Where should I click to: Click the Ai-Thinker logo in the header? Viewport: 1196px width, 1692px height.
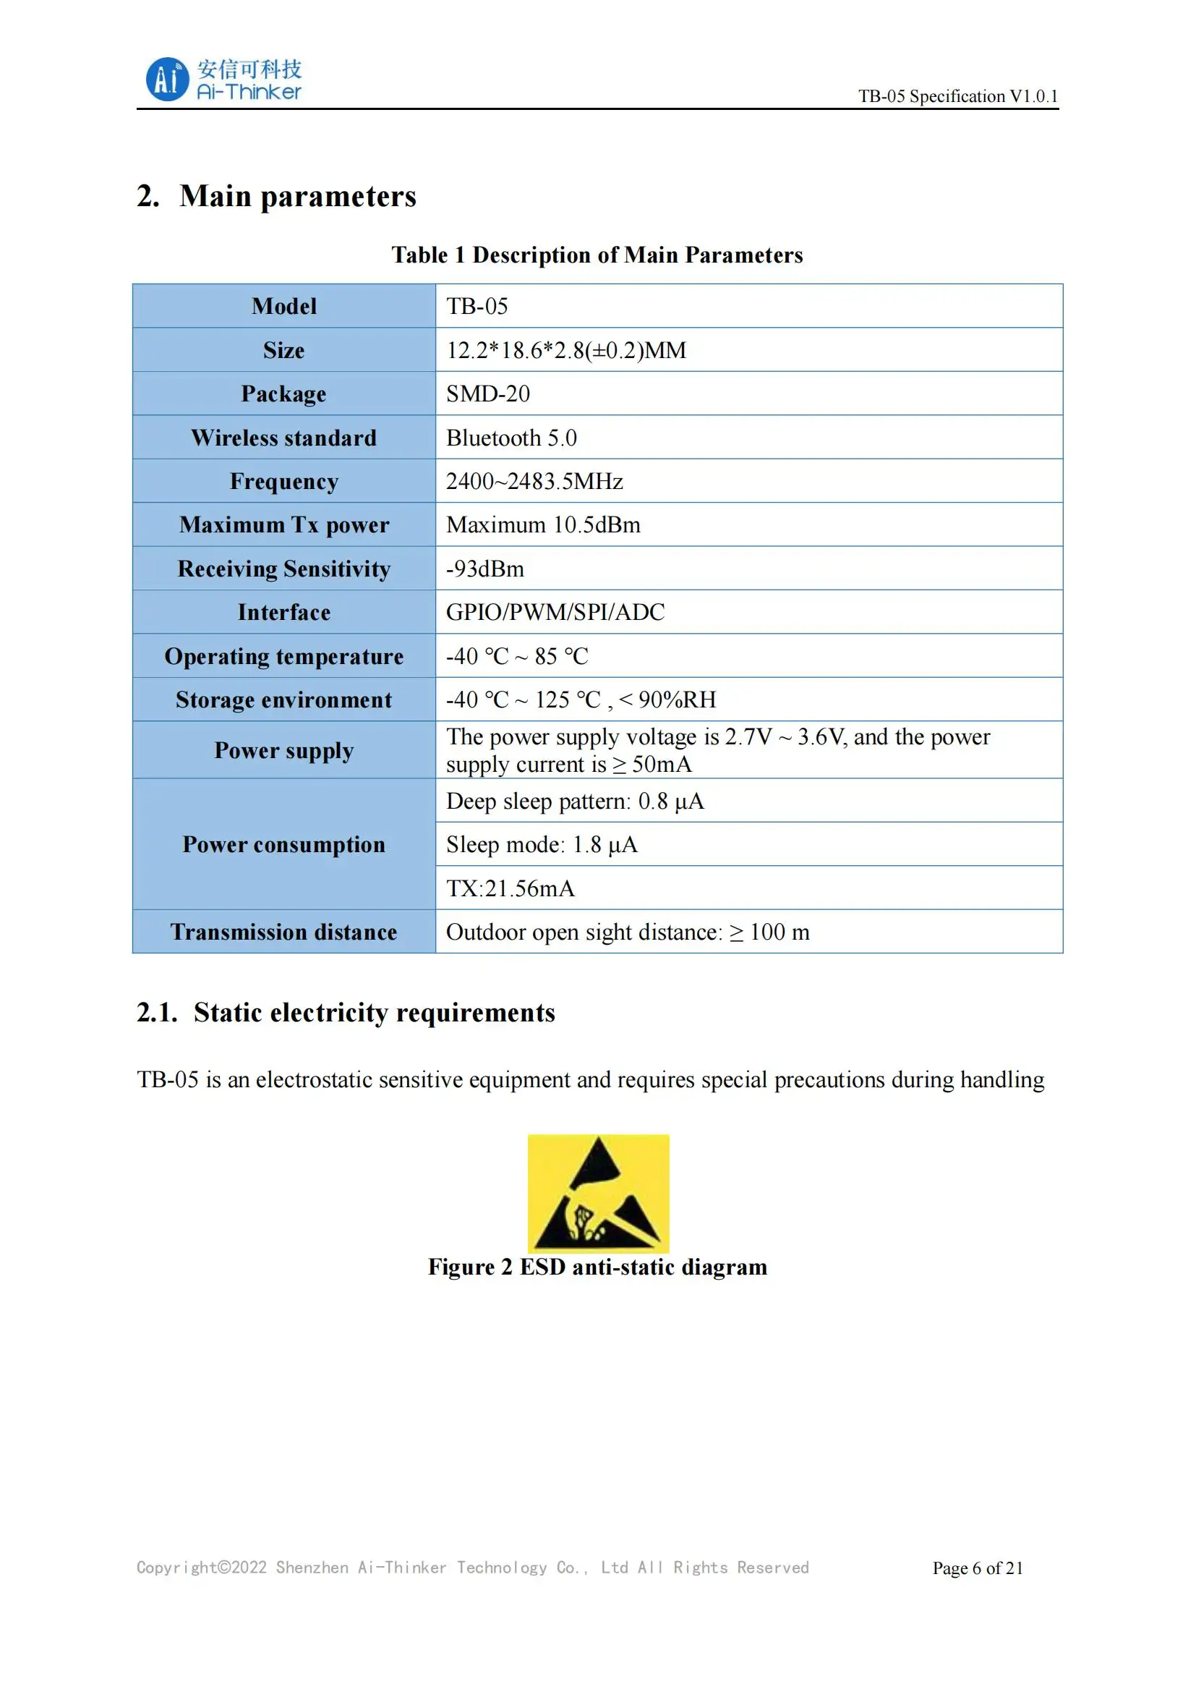coord(223,80)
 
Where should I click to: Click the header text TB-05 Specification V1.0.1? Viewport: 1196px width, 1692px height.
coord(957,96)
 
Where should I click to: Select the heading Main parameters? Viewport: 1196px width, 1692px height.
coord(297,197)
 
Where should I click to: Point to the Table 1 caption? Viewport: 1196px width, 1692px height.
coord(597,255)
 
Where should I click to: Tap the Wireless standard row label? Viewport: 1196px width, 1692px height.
coord(283,438)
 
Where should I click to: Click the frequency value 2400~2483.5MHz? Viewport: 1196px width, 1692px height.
coord(534,481)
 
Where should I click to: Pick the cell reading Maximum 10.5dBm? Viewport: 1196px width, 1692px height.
coord(543,524)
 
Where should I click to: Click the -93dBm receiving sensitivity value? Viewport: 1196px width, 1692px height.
coord(484,569)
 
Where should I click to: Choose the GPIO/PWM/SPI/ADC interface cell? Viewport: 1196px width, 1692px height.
coord(555,613)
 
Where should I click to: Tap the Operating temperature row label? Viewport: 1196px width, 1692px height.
coord(283,656)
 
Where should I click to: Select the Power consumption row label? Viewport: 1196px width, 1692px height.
coord(283,844)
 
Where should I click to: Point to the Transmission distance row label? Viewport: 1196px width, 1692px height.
coord(283,932)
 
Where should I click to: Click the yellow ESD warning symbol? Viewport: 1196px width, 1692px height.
coord(598,1193)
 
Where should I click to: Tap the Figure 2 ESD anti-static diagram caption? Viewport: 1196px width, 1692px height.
coord(597,1267)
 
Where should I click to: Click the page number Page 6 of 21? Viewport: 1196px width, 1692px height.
coord(978,1568)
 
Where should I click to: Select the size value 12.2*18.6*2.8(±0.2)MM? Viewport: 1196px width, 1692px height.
coord(565,350)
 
